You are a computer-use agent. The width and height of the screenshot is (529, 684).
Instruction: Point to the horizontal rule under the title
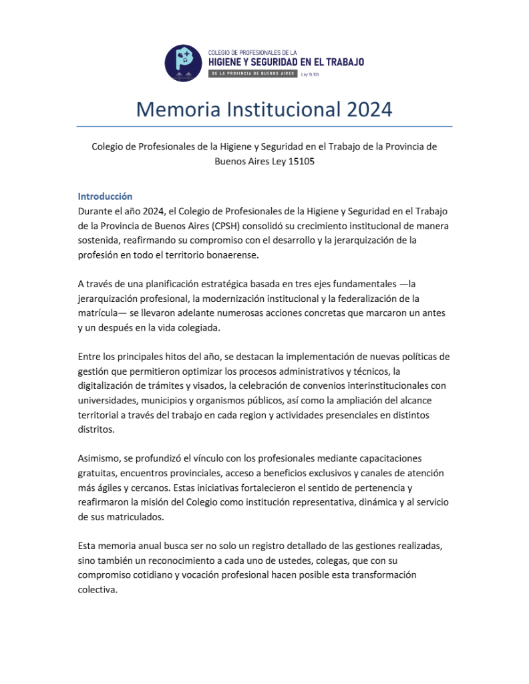pos(264,126)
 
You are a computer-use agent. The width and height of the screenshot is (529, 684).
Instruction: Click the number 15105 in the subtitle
pos(301,161)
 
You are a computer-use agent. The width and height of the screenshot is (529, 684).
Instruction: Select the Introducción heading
pos(105,196)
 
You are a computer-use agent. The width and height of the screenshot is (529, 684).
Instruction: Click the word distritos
pos(96,430)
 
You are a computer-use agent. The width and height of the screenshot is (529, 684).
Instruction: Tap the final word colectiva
pos(97,590)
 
